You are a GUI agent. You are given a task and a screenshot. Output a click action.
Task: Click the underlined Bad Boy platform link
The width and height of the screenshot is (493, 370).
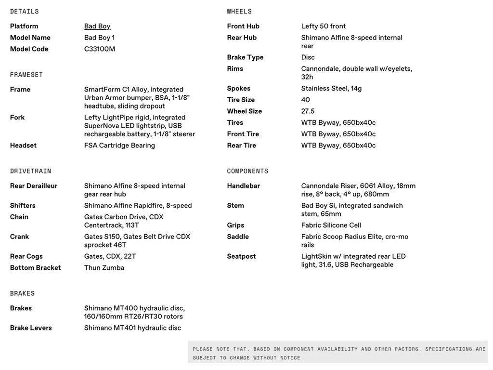pos(97,26)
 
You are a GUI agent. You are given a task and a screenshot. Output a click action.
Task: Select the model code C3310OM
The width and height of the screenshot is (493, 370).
pos(100,49)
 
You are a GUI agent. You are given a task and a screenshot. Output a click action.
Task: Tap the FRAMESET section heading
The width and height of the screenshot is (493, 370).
pos(26,75)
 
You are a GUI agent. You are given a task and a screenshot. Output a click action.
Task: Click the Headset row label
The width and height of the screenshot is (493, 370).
pos(23,145)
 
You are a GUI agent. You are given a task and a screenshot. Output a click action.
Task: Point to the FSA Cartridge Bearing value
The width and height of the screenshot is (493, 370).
pos(119,145)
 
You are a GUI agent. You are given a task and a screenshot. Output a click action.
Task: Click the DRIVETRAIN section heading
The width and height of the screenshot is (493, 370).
pos(30,172)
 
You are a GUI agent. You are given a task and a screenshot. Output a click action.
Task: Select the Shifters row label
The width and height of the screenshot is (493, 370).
pos(23,206)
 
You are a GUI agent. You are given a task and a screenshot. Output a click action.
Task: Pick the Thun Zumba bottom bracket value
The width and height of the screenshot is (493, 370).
pos(104,268)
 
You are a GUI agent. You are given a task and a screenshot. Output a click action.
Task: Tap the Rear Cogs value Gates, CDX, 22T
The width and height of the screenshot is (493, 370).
pos(110,256)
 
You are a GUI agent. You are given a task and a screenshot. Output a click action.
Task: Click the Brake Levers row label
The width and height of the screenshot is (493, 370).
pos(31,328)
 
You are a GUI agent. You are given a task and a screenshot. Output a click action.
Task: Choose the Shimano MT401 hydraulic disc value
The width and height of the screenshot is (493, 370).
pos(132,328)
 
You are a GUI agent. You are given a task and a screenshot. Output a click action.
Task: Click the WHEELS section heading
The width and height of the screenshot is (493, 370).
pos(239,12)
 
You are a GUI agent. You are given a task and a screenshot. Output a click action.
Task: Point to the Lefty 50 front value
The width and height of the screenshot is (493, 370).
pos(324,26)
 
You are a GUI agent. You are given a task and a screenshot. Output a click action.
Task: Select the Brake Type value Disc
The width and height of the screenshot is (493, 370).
pos(308,57)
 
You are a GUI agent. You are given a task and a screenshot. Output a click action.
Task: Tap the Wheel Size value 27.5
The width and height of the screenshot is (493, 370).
pos(308,111)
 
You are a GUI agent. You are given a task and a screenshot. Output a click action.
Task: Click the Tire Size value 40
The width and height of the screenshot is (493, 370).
pos(306,100)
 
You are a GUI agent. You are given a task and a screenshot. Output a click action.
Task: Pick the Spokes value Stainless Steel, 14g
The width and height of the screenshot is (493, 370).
pos(331,89)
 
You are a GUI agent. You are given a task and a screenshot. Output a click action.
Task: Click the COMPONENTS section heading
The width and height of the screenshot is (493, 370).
pos(247,172)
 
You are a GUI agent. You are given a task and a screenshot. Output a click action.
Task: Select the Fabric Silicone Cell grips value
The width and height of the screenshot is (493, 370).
pos(331,225)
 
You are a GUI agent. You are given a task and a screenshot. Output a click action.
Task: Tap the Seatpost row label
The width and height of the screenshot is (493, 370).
pos(241,256)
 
